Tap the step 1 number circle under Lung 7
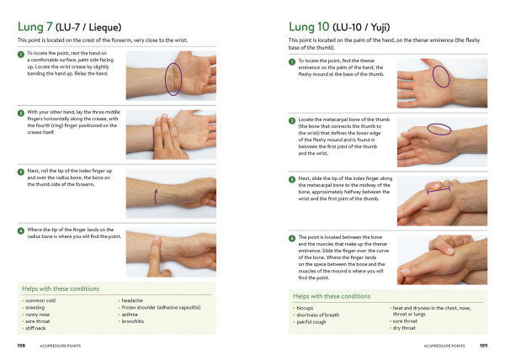coord(21,53)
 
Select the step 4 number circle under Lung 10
coord(291,237)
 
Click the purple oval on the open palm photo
coord(440,76)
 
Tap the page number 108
coord(21,345)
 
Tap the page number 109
coord(483,345)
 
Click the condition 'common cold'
coord(40,300)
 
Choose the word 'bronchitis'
coord(134,320)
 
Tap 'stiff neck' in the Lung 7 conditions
coord(37,327)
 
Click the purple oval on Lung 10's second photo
coord(439,129)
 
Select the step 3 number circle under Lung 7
coord(21,172)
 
